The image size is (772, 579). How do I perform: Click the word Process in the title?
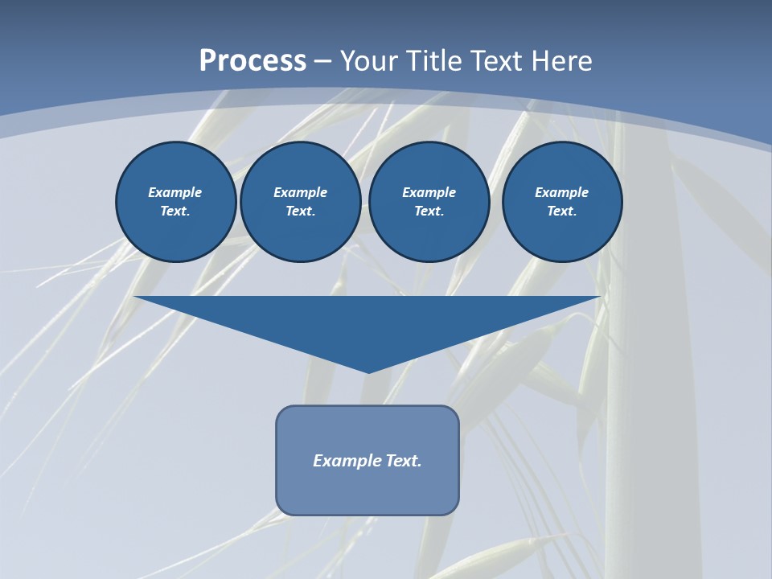point(253,61)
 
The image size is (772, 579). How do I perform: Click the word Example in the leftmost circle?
point(175,192)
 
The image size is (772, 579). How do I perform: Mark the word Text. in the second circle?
point(300,211)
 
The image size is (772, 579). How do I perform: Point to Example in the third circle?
point(429,192)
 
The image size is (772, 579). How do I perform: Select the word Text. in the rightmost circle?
point(561,211)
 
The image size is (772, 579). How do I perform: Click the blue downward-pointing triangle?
point(368,322)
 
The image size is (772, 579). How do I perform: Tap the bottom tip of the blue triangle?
point(368,371)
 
